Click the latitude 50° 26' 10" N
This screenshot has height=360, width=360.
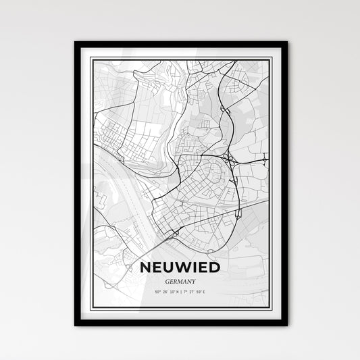[166, 278]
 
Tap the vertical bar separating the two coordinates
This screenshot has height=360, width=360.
[180, 278]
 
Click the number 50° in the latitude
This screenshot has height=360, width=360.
[157, 278]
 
